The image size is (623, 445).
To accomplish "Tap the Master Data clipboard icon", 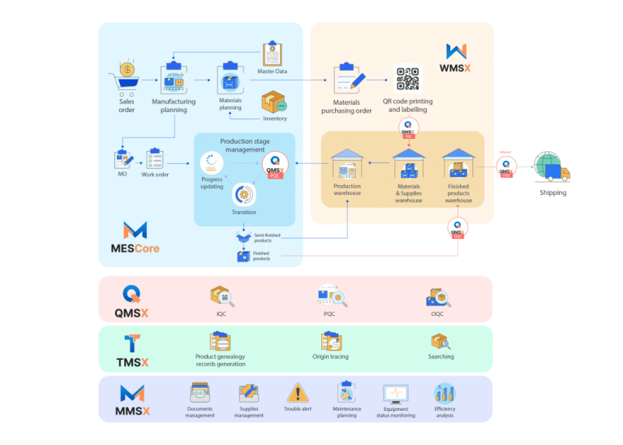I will click(273, 54).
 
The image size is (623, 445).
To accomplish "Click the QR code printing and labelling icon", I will click(409, 79).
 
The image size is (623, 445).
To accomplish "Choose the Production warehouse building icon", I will click(347, 162).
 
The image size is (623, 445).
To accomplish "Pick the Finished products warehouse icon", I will click(458, 163).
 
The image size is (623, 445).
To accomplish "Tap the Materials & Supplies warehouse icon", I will click(409, 163).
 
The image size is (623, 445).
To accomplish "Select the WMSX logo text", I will click(456, 68).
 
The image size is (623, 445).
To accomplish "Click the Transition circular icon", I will click(243, 194).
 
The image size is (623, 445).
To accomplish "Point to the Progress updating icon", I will click(212, 162).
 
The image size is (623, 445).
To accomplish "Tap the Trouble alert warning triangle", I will click(298, 394).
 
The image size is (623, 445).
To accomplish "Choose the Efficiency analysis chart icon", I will click(445, 394).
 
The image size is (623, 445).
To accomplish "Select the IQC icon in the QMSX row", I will click(221, 296).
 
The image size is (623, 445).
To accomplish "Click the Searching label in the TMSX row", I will click(440, 356).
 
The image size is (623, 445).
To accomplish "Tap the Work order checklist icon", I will click(156, 158).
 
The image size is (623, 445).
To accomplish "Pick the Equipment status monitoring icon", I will click(396, 394).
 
